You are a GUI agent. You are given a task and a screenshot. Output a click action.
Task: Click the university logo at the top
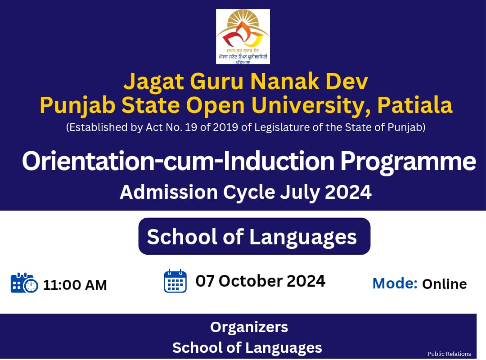[x=243, y=36]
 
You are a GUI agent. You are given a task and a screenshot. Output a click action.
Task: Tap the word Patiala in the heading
[x=414, y=105]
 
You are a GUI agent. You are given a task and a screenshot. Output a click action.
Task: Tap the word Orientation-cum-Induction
[x=178, y=162]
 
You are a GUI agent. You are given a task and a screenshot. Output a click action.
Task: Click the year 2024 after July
[x=348, y=192]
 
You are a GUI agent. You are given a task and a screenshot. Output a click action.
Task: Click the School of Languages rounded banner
[x=254, y=237]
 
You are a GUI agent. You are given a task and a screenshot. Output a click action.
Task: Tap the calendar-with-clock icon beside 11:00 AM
[x=24, y=283]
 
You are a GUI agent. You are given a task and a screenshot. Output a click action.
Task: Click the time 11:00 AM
[x=75, y=285]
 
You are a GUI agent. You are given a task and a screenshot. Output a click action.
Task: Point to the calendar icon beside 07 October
[x=175, y=281]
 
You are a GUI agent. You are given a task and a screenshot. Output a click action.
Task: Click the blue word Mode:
[x=395, y=283]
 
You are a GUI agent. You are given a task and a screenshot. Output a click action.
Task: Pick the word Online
[x=444, y=284]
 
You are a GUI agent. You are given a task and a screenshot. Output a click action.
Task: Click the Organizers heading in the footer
[x=249, y=327]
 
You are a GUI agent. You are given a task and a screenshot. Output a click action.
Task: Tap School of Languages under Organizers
[x=247, y=347]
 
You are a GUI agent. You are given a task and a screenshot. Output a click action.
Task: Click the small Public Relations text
[x=449, y=354]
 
